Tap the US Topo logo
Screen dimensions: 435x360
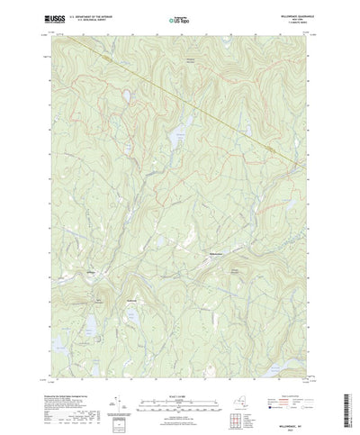pyautogui.click(x=180, y=17)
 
